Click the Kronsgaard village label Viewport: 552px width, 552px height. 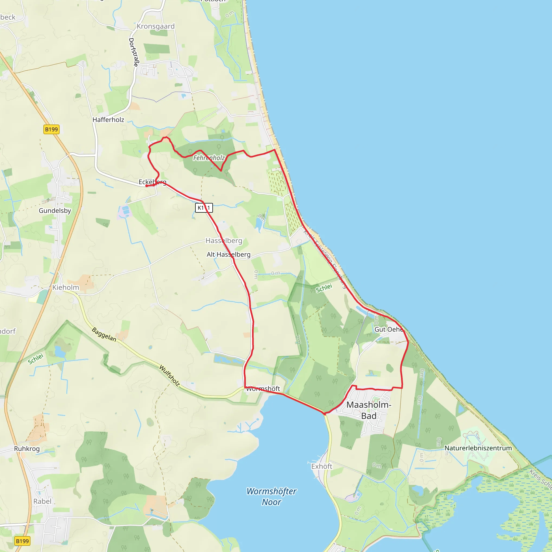[156, 26]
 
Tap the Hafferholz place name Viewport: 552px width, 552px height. [108, 120]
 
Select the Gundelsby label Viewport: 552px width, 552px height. [55, 211]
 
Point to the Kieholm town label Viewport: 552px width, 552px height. [66, 287]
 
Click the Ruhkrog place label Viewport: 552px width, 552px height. [27, 448]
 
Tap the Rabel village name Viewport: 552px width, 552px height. [42, 501]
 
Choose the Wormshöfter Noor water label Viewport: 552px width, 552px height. [271, 496]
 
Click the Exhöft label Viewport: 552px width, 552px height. [322, 466]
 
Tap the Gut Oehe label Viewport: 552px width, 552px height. [389, 329]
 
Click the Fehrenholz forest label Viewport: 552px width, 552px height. [209, 158]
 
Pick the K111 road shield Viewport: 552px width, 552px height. [204, 208]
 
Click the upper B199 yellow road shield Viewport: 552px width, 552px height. [51, 129]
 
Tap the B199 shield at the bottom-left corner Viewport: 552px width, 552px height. [22, 541]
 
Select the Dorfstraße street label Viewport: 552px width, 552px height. [134, 52]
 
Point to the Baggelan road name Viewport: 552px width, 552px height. [104, 334]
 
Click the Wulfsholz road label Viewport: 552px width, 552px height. [170, 375]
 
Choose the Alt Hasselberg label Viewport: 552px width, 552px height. [229, 254]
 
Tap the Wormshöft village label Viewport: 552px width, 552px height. [263, 389]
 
